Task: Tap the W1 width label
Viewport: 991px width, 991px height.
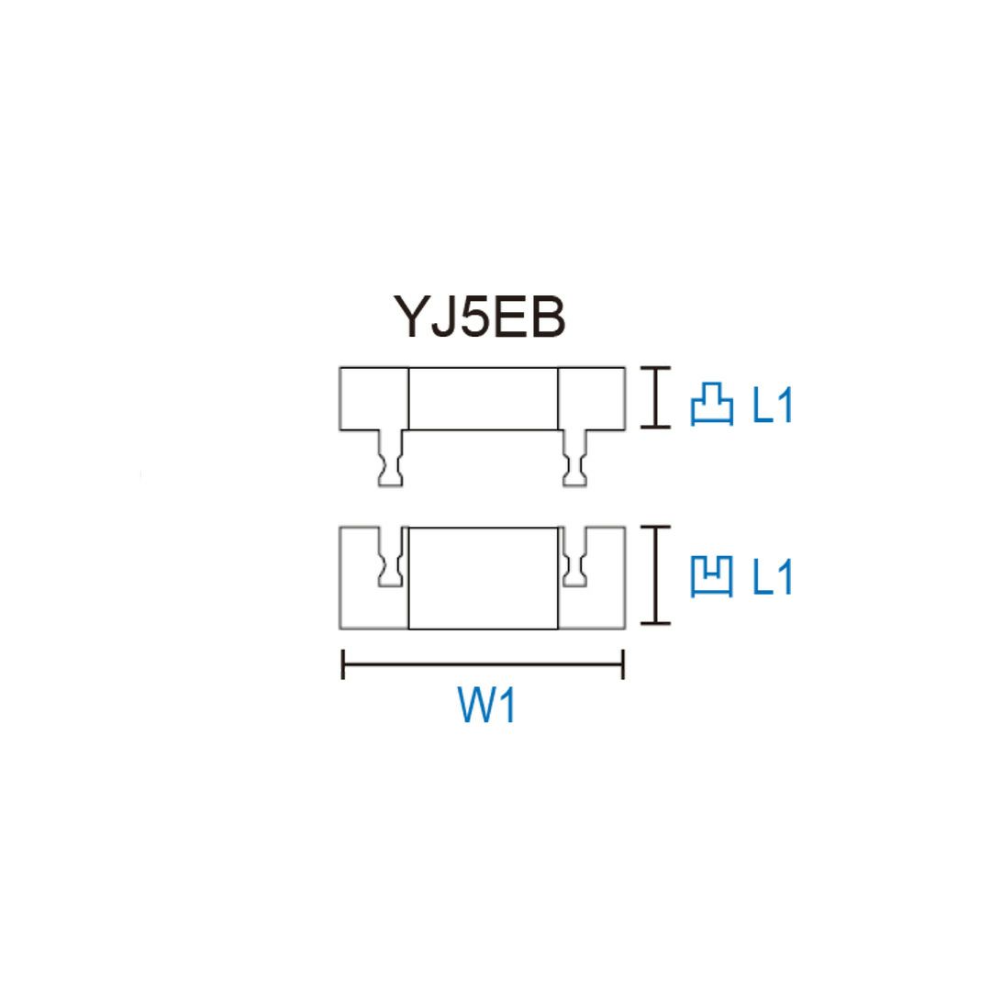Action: click(486, 707)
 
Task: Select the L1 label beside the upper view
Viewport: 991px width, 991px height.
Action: click(773, 406)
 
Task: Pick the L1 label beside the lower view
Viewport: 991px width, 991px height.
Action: click(773, 578)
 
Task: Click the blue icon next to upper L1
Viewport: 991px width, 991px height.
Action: click(711, 406)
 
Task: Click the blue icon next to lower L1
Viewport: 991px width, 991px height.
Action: click(711, 578)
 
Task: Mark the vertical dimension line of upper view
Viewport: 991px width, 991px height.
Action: click(653, 397)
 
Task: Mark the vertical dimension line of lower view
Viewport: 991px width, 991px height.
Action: click(653, 575)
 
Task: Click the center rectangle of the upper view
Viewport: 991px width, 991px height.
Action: click(483, 398)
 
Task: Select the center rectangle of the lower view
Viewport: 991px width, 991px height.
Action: click(483, 578)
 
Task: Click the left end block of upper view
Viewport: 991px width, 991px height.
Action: click(373, 398)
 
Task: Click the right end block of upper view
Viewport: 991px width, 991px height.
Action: click(592, 398)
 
